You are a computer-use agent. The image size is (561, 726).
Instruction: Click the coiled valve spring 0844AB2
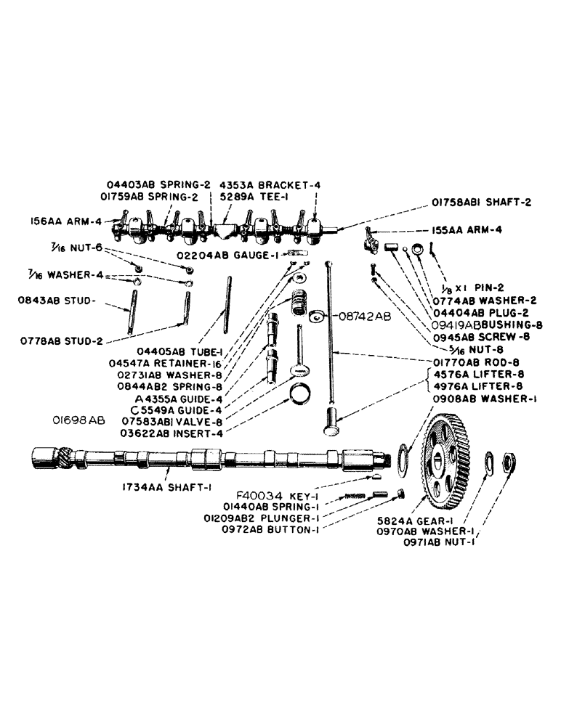point(299,300)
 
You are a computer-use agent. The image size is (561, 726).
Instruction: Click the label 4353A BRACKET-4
point(270,184)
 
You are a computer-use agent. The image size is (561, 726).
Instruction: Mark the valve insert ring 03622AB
point(300,396)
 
